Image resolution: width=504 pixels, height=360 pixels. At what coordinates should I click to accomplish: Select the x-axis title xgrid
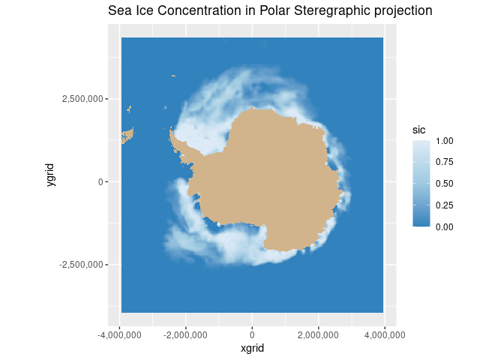(252, 348)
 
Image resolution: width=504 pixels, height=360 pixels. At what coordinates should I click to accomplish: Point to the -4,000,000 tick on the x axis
(120, 333)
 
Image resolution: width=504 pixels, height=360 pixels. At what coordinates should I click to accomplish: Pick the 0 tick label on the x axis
(252, 333)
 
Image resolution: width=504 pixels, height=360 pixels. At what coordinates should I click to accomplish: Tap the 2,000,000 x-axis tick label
(319, 333)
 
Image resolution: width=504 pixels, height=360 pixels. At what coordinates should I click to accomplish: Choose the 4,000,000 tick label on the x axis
(385, 333)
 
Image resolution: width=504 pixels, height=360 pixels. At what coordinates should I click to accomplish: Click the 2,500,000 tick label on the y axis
(82, 99)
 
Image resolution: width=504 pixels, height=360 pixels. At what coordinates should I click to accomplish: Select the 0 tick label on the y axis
(102, 181)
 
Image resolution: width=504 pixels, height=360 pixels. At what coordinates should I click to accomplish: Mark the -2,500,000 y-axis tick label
(80, 265)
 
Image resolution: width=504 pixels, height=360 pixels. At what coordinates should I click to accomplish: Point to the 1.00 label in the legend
(445, 141)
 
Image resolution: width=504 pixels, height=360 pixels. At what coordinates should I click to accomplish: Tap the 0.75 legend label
(445, 162)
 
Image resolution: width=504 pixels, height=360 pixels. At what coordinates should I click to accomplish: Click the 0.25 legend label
(445, 205)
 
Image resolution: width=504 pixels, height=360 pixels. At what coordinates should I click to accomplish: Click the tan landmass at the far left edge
(127, 136)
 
